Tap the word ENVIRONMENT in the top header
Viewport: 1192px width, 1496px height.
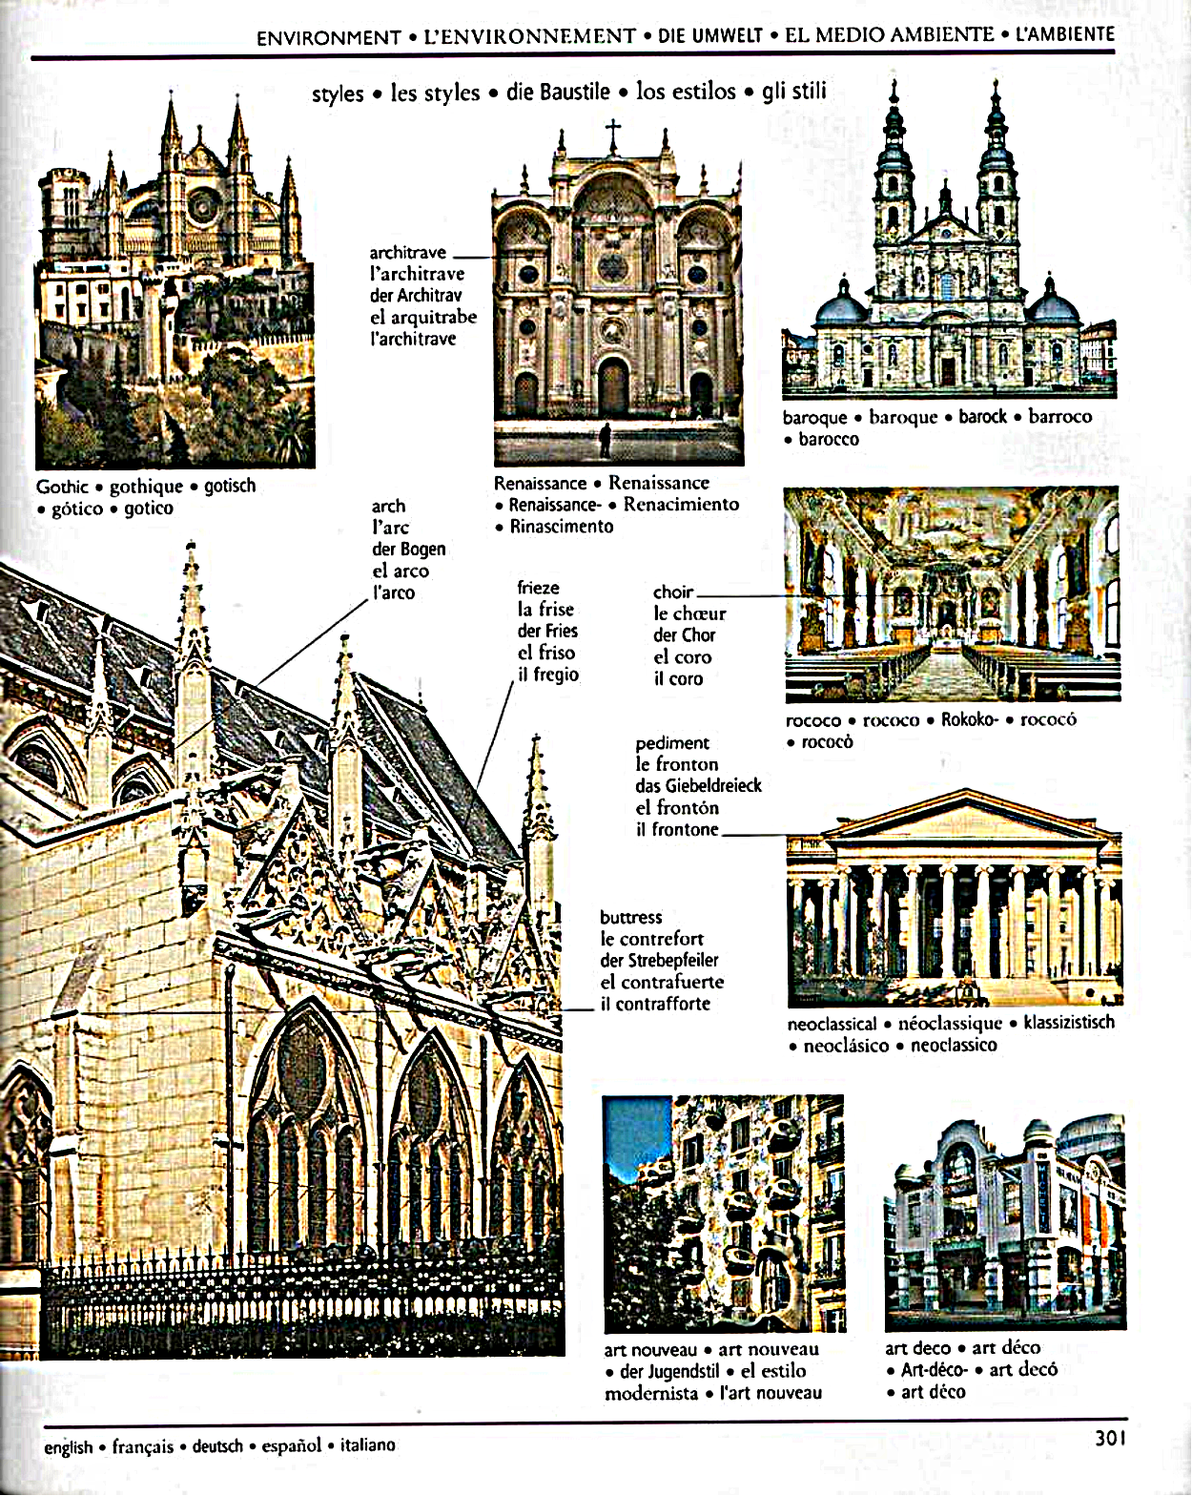[329, 37]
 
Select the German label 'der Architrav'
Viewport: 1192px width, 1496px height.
[416, 296]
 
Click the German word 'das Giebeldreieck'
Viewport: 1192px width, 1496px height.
[699, 785]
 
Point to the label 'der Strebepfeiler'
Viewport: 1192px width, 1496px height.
[660, 960]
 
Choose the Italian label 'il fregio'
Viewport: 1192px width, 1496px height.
[548, 675]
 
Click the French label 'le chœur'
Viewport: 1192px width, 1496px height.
[689, 613]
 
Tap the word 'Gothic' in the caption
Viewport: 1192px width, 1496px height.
[63, 487]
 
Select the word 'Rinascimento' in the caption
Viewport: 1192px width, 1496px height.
[562, 527]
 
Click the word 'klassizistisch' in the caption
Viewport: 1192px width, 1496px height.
[1069, 1023]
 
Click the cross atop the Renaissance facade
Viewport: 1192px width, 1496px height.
[612, 135]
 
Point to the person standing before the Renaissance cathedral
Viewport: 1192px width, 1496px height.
[606, 441]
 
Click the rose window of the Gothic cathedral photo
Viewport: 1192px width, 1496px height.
[203, 206]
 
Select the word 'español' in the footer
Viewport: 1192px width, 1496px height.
[291, 1446]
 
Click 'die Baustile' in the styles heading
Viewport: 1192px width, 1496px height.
[558, 92]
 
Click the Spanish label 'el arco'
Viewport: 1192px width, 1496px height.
[401, 571]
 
